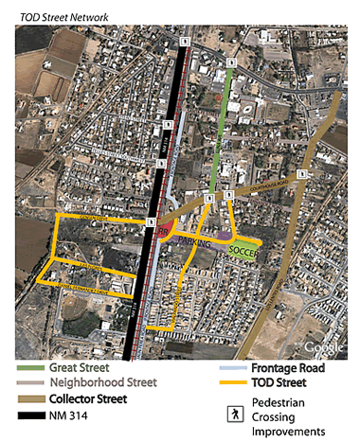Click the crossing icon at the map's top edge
click(188, 42)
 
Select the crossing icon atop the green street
click(231, 63)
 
